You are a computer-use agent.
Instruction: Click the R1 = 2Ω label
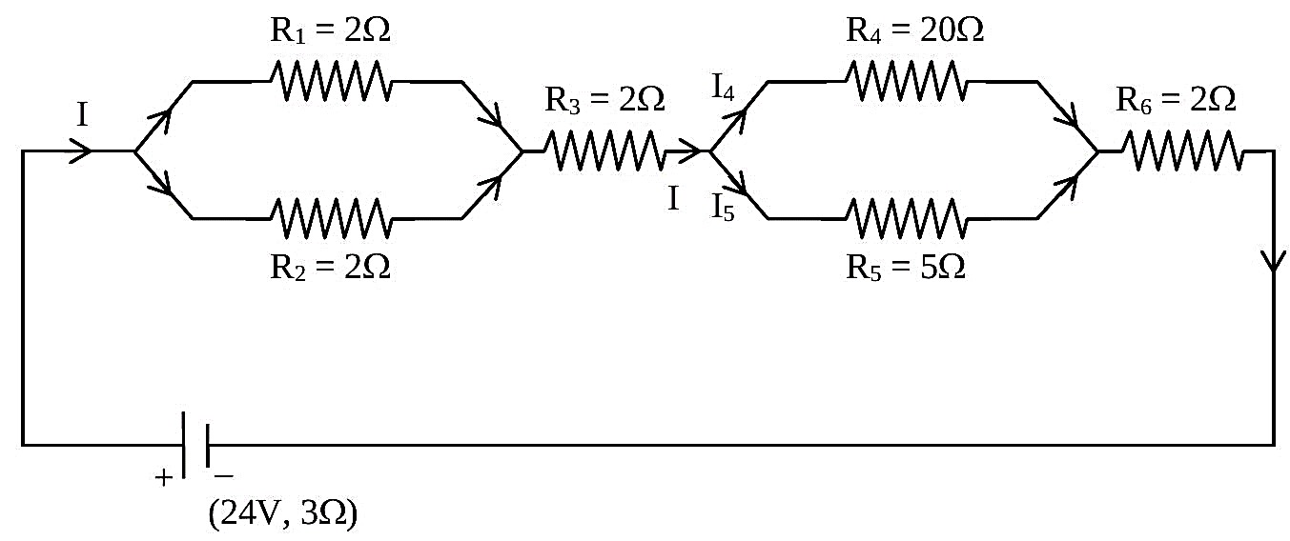tap(331, 30)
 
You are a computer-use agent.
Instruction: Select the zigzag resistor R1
tap(331, 81)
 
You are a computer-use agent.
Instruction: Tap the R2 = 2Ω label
tap(331, 267)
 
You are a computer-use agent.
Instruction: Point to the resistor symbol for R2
tap(331, 218)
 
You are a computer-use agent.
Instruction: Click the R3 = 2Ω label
tap(604, 100)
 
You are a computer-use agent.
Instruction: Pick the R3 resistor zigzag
tap(604, 150)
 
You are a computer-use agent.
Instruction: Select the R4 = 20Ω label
tap(915, 30)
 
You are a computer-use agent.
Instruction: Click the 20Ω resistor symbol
tap(907, 81)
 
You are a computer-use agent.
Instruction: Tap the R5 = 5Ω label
tap(906, 267)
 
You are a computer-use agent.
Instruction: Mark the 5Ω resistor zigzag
tap(907, 218)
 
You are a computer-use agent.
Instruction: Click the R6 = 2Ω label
tap(1176, 100)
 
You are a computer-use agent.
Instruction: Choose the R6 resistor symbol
tap(1183, 150)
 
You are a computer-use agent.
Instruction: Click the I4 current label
tap(723, 88)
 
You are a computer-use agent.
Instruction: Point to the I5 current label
tap(723, 208)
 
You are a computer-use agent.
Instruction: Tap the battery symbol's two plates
tap(195, 445)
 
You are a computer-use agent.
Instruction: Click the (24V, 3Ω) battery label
tap(283, 514)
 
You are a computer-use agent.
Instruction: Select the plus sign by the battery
tap(164, 477)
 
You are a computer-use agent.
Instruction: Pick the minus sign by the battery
tap(223, 476)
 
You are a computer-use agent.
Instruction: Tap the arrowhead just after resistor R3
tap(690, 150)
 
